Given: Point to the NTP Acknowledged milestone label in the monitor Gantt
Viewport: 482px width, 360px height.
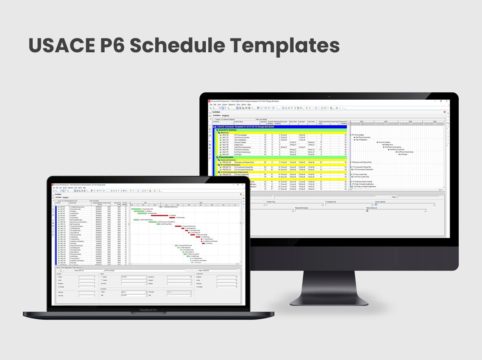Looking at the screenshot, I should tap(358, 135).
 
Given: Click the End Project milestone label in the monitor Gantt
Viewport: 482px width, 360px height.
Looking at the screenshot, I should tap(404, 154).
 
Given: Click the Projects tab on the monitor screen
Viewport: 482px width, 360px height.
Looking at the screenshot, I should tap(225, 116).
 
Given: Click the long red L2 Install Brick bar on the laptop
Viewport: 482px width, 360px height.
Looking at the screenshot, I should tap(159, 215).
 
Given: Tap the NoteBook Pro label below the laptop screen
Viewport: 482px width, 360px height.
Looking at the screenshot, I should tap(148, 310).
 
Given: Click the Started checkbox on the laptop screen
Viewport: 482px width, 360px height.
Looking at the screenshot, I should tap(101, 277).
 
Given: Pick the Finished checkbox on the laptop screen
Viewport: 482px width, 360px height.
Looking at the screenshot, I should tap(101, 280).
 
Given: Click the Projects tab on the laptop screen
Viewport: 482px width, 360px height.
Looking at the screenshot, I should tap(65, 197).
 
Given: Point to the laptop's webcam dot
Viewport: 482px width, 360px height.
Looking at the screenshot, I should tap(148, 179).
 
